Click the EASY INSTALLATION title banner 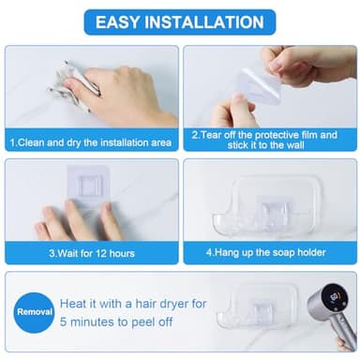tap(180, 21)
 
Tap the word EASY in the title tap(125, 21)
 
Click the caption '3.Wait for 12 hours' tap(92, 252)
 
